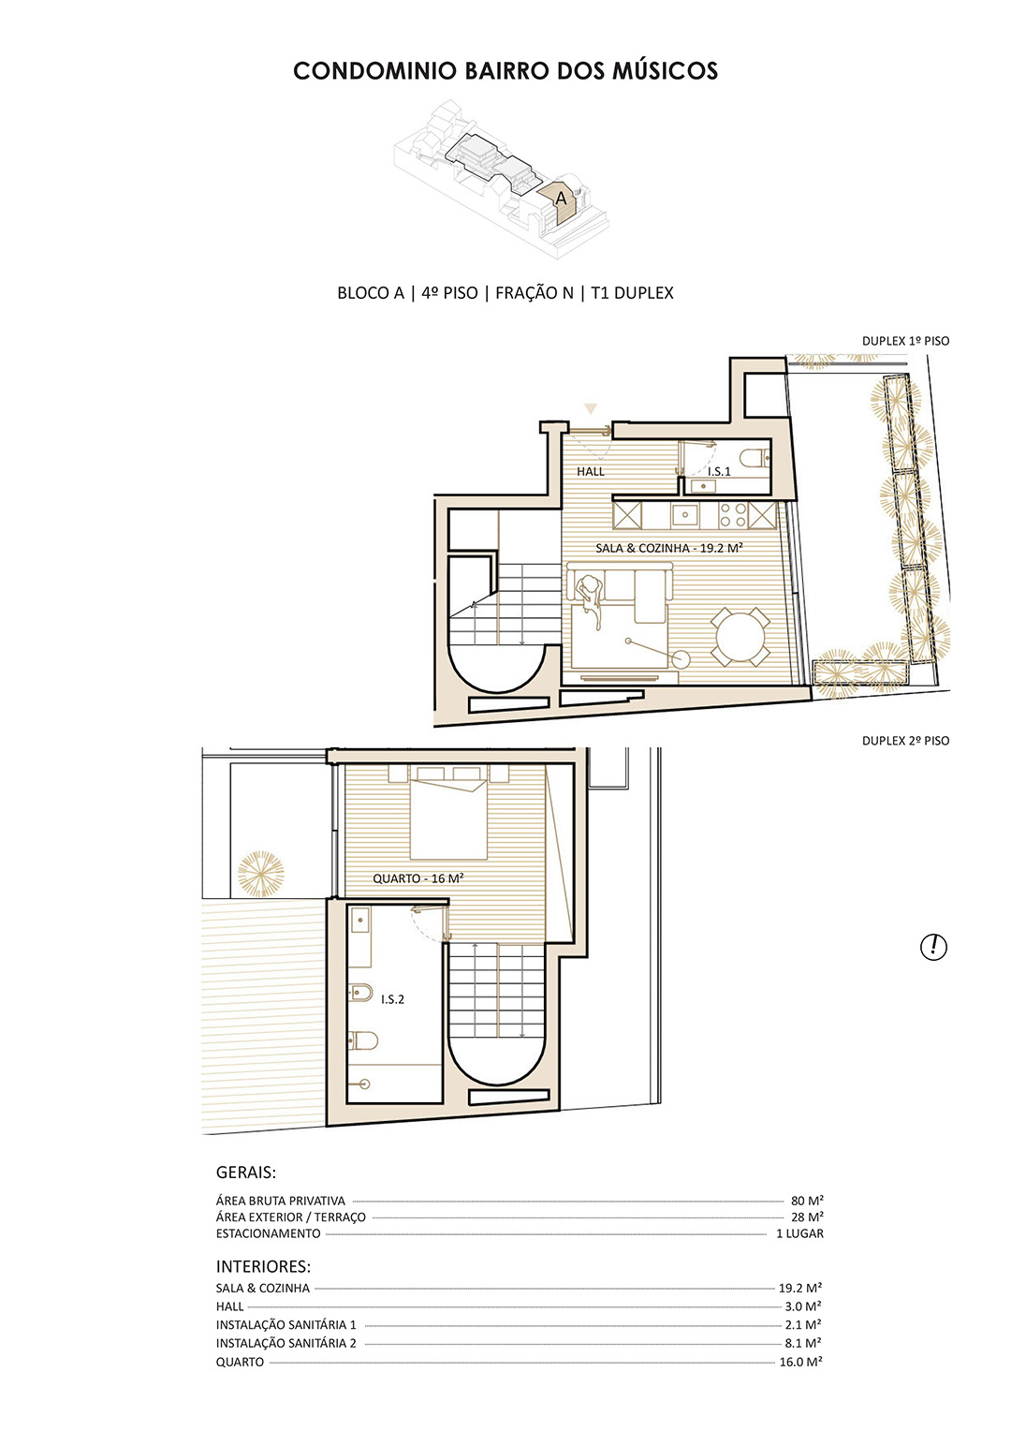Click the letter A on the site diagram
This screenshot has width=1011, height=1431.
[561, 198]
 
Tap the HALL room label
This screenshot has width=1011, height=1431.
[590, 471]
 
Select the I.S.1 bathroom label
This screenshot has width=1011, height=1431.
[719, 471]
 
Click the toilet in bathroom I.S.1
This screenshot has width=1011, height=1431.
[754, 457]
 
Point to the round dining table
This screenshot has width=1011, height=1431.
[740, 637]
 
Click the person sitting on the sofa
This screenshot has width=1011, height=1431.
[591, 597]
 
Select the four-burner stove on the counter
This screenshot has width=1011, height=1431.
[733, 515]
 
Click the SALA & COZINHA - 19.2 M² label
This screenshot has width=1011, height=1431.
[668, 548]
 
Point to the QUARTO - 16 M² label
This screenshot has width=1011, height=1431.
[418, 878]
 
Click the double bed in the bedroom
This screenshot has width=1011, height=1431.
[448, 815]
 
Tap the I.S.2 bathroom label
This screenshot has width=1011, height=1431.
[392, 999]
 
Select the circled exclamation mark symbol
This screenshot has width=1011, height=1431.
[933, 946]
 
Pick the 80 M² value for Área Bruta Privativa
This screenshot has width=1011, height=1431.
[807, 1201]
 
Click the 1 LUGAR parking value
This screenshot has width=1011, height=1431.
[799, 1233]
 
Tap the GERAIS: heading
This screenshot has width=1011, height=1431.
[246, 1173]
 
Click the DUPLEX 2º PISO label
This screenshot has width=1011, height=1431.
[905, 741]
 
